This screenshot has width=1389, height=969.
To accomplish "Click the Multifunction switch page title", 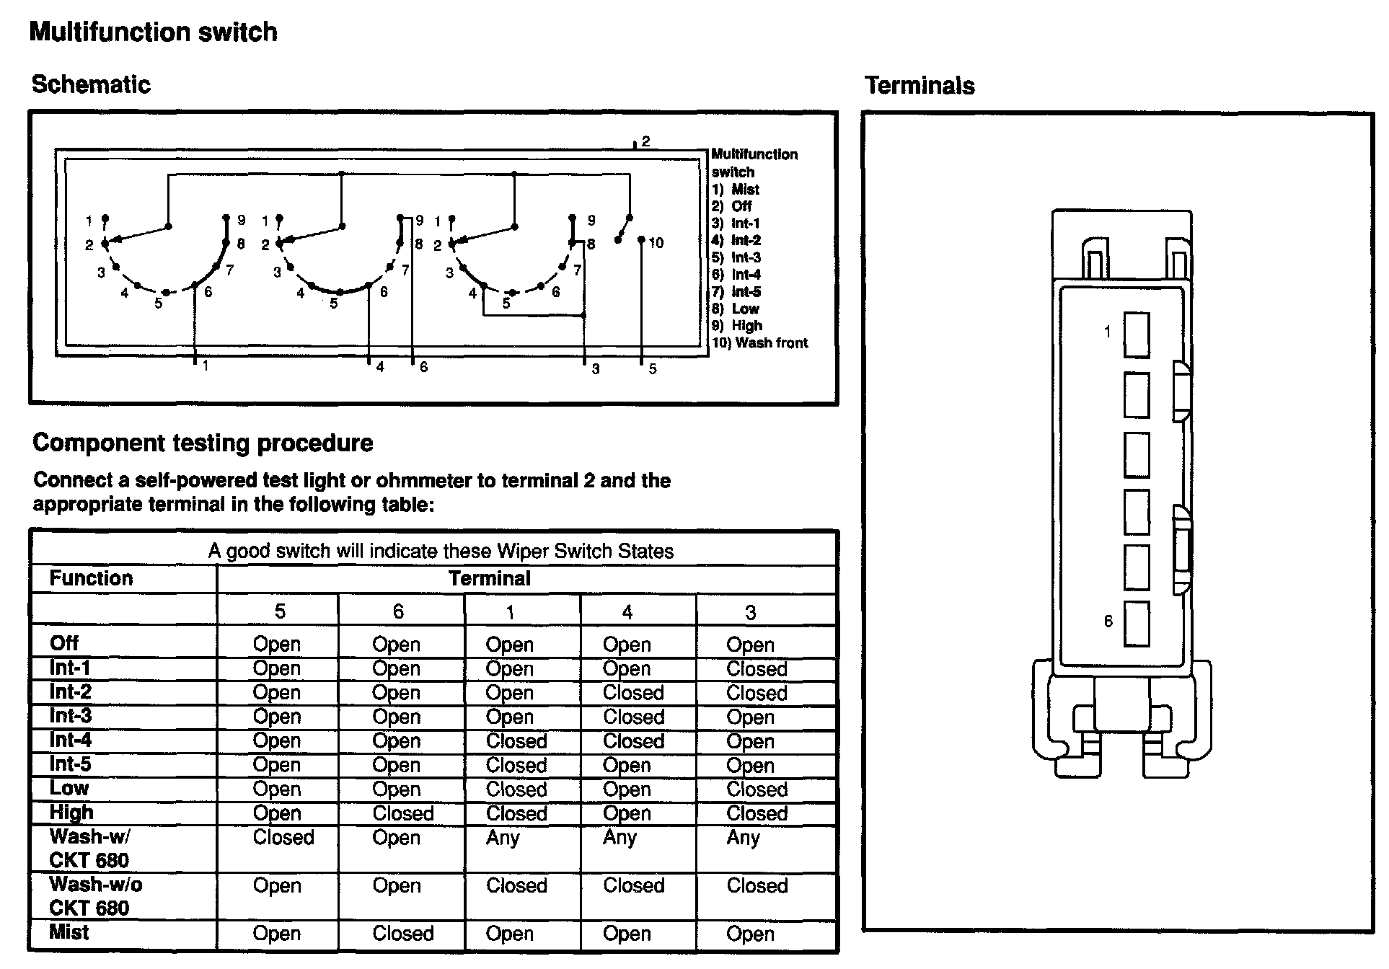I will click(x=153, y=32).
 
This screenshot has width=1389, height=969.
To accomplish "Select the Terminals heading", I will click(x=920, y=86).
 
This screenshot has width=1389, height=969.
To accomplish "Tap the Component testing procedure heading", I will click(x=203, y=443).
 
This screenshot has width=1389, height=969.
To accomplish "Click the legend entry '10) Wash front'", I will click(x=759, y=343).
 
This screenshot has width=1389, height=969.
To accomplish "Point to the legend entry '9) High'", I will click(x=736, y=326).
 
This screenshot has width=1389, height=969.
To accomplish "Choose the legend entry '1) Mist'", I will click(x=735, y=190).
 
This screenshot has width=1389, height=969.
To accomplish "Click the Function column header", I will click(x=91, y=578).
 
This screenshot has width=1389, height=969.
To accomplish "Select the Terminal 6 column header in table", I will click(x=398, y=612).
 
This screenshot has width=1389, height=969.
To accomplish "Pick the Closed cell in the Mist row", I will click(x=402, y=934).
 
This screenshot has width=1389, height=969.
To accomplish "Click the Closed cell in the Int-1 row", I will click(x=757, y=669).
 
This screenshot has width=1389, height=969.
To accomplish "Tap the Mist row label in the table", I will click(x=69, y=932).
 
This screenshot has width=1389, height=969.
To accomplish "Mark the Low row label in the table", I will click(x=69, y=788).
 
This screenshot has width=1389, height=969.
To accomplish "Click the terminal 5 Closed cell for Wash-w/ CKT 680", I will click(x=283, y=838).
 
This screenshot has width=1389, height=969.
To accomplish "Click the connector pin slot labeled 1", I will click(x=1137, y=335).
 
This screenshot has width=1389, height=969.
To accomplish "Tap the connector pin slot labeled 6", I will click(x=1137, y=624).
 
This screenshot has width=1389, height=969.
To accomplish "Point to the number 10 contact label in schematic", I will click(x=656, y=243).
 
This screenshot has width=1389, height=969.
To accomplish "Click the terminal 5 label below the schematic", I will click(x=652, y=369).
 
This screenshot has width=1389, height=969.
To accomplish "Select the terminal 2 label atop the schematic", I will click(x=645, y=141).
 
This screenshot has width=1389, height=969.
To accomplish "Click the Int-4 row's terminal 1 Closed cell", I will click(x=516, y=741).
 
